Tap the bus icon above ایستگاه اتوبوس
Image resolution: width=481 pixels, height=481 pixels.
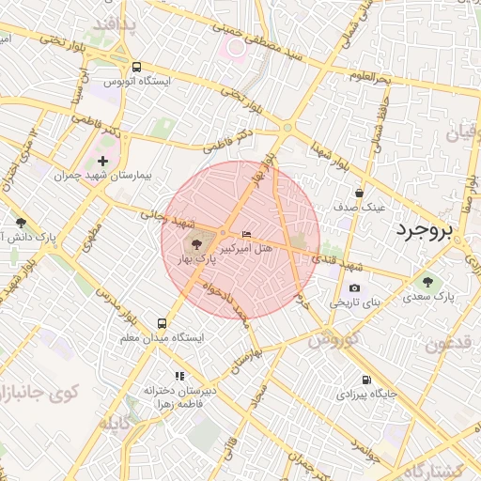click(x=137, y=67)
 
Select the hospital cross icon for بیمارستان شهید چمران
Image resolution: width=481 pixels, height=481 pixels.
click(x=103, y=161)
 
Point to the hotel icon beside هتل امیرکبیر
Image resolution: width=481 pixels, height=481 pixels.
click(x=247, y=234)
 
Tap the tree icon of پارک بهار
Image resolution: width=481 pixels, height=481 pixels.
click(x=209, y=244)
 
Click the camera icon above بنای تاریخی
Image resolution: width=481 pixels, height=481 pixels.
click(x=354, y=288)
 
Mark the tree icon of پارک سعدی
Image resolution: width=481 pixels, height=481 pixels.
click(x=428, y=281)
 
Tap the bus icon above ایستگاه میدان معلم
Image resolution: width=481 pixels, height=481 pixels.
click(x=163, y=321)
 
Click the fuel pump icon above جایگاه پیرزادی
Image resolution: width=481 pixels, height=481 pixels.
click(x=365, y=380)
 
